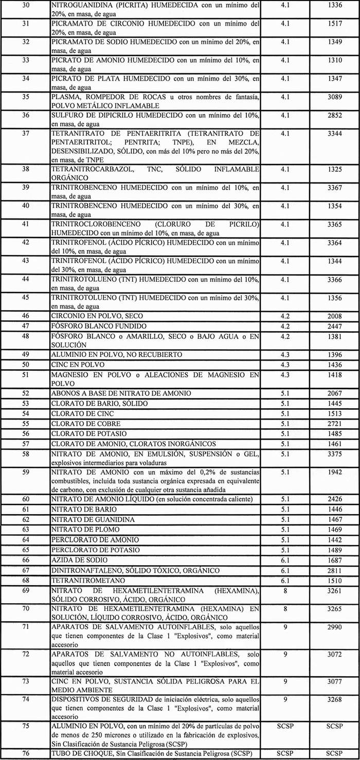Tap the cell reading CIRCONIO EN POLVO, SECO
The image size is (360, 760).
tap(97, 316)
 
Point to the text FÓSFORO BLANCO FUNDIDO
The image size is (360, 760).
tap(99, 326)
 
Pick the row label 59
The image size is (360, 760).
tap(26, 472)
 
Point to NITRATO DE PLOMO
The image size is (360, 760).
tap(85, 530)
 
